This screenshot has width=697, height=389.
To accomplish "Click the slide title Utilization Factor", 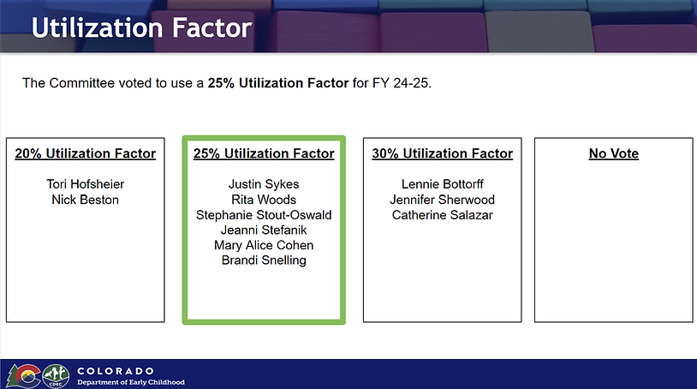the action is point(142,27).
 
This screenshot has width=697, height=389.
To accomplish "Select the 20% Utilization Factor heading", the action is point(86,153).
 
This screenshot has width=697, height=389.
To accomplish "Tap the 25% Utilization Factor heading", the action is point(264,153).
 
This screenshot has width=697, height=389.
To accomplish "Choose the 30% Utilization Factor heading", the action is point(443,153).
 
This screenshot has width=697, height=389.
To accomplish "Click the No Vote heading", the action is point(613,153).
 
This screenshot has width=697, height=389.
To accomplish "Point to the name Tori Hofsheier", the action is point(86,184).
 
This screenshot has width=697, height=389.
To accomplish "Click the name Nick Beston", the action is point(86,200).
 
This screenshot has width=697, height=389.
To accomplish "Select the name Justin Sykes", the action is point(264,184).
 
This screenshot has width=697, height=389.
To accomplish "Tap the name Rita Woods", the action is point(264,200).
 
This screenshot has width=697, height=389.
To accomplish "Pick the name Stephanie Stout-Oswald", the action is point(264,215).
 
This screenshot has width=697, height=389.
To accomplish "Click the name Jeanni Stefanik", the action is point(264,230).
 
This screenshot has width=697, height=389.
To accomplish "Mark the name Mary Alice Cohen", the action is point(264,245).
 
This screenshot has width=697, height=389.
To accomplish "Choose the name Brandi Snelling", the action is point(264,260).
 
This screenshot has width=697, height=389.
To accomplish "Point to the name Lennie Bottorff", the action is point(443,184).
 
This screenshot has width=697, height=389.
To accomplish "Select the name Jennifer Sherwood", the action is point(443,200).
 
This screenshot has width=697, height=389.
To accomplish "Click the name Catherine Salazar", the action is point(443,215).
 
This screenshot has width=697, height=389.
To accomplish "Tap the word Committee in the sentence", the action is point(82,83).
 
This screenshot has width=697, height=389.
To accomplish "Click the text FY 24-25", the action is point(402,83).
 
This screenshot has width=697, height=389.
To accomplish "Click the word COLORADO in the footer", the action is point(116,371).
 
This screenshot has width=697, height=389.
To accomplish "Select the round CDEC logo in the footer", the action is point(56,376).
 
